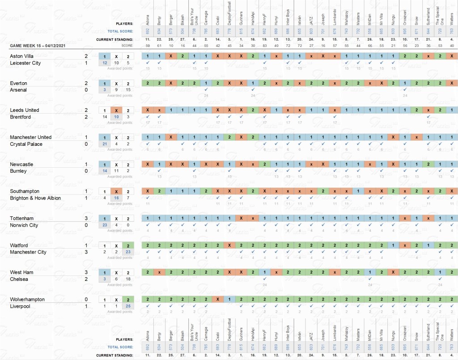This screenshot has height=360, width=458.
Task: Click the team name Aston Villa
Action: (x=22, y=56)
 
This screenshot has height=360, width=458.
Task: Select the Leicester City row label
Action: (x=25, y=63)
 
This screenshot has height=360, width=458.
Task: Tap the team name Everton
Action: (x=18, y=83)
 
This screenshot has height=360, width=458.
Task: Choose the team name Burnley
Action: (x=18, y=171)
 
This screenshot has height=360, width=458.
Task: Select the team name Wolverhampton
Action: (x=27, y=299)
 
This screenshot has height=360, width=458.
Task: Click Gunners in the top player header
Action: (x=242, y=20)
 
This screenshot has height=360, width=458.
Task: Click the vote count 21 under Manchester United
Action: (x=104, y=144)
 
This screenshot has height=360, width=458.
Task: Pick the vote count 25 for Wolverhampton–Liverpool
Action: (x=128, y=306)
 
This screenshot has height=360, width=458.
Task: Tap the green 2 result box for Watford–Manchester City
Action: (x=128, y=245)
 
